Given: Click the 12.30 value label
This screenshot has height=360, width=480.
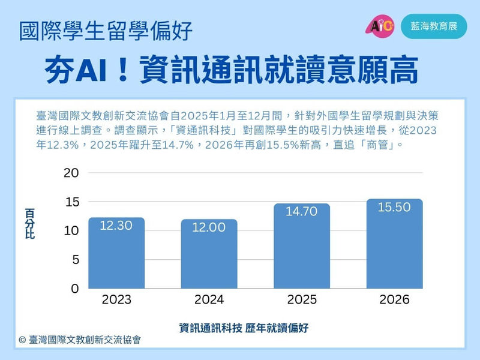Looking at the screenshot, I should (116, 226).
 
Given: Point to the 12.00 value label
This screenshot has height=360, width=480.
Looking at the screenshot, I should (209, 227).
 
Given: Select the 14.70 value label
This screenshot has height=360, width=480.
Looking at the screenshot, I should (302, 212).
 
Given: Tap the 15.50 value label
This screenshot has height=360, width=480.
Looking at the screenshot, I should (394, 207).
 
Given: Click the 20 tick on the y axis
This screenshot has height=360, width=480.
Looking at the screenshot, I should (71, 173).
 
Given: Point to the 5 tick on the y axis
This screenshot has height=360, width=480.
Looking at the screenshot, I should (76, 260).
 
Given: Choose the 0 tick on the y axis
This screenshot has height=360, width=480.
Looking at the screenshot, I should (76, 289).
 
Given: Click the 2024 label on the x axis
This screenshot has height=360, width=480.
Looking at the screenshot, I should (209, 299).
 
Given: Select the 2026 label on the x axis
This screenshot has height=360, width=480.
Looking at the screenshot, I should (394, 299).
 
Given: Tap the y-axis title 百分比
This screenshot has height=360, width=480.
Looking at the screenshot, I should (29, 223).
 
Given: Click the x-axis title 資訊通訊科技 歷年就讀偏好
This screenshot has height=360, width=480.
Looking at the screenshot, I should (244, 328).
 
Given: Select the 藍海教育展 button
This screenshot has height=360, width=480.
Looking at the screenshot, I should (434, 26).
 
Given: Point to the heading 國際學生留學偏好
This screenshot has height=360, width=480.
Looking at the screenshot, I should (106, 31).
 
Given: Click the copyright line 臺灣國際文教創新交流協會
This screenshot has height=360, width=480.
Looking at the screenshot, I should (80, 340).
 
